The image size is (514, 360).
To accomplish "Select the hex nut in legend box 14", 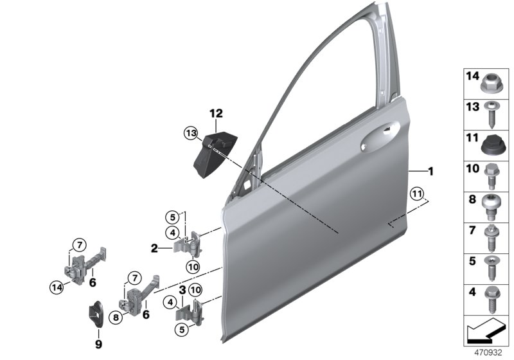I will tap(491, 82).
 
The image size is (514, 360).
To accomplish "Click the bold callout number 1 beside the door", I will tap(431, 172).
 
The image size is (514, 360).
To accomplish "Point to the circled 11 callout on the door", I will tap(418, 194).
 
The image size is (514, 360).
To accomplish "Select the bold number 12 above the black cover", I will tap(215, 114).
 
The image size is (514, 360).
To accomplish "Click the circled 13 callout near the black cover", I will tap(190, 133).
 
